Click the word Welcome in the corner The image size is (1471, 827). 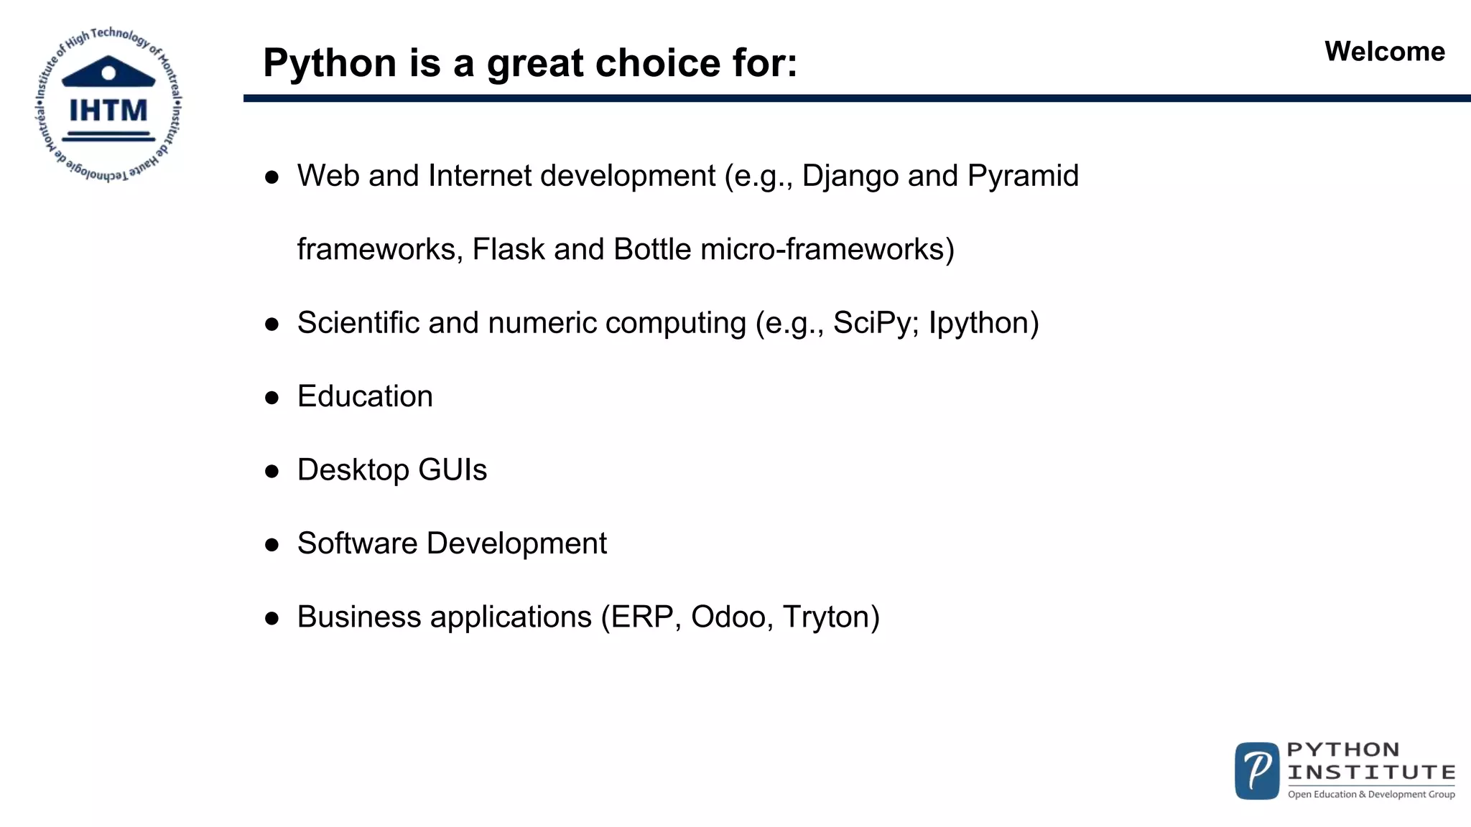click(1384, 52)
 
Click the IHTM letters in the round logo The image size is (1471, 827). click(108, 111)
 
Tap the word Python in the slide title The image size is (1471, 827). click(330, 63)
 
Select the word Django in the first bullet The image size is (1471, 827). click(850, 177)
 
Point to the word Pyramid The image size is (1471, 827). click(1023, 177)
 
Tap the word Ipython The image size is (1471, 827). click(983, 324)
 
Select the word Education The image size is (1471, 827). click(365, 397)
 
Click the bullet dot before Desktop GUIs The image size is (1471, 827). click(272, 472)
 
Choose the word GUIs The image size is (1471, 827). click(453, 470)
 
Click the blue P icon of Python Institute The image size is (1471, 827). click(1256, 771)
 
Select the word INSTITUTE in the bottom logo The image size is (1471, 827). click(1371, 772)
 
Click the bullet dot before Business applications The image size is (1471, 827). click(272, 619)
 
